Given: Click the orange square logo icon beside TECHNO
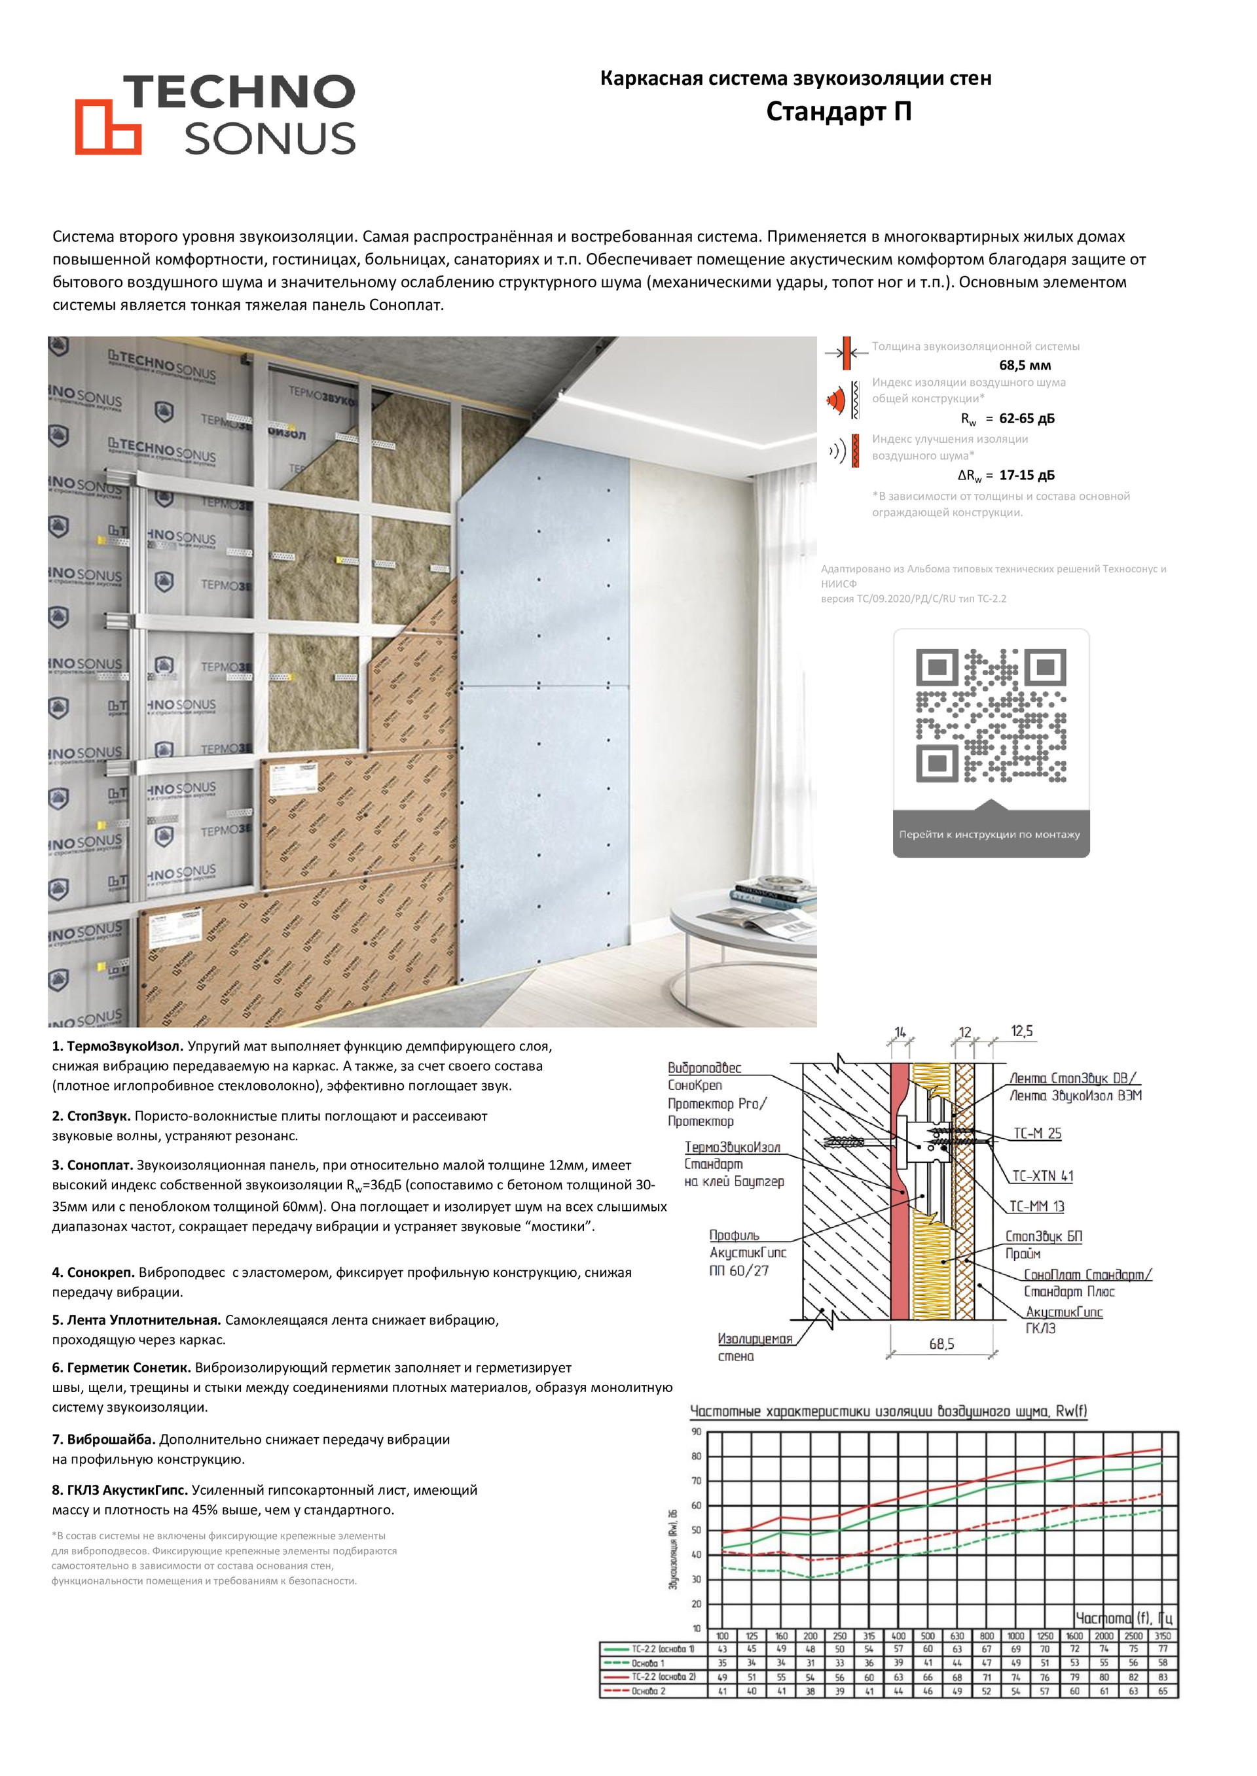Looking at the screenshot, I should pos(107,127).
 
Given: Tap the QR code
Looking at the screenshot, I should pos(991,716).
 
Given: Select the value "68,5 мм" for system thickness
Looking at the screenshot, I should pos(1025,365).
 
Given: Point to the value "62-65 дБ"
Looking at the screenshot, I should pos(1027,419).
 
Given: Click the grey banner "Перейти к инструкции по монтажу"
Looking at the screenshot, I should pos(990,835).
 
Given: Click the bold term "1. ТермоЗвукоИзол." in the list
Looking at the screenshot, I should pos(117,1047).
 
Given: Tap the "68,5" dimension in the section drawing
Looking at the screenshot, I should pos(941,1344).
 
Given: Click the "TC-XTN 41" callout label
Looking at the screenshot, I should pos(1043,1175).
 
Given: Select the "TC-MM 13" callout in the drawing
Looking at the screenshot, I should pos(1037,1206).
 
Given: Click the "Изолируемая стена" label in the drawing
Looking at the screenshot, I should pos(755,1347).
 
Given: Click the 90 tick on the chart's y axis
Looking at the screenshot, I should pos(696,1432).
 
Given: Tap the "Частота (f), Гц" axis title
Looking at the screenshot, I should pos(1124,1618).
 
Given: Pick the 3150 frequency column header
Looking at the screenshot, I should pos(1163,1636).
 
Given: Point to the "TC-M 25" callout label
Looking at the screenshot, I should pos(1037,1133).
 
